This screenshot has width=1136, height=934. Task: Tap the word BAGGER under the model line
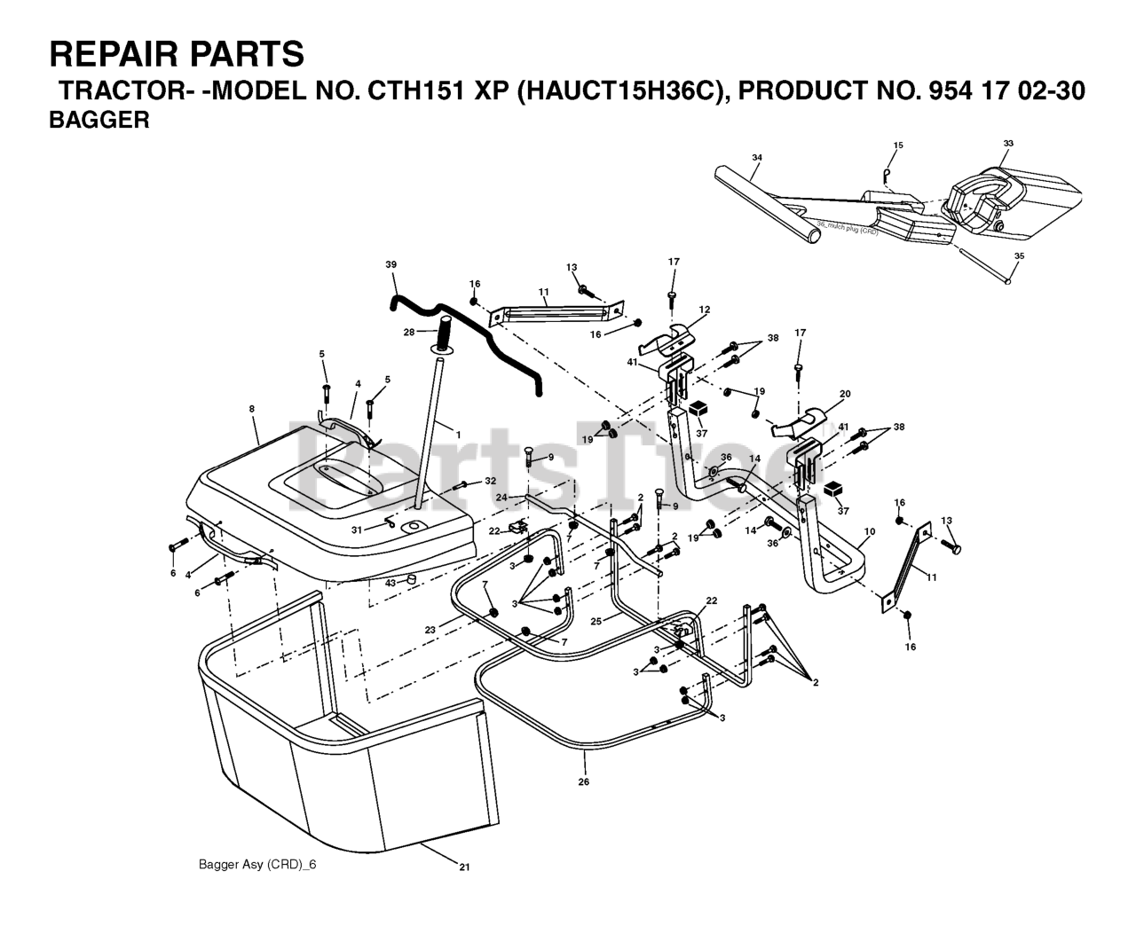99,122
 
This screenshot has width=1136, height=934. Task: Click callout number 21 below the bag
463,867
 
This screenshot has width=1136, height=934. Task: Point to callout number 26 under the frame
583,781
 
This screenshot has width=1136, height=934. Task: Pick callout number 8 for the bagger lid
252,409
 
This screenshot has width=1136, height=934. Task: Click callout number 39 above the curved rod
391,264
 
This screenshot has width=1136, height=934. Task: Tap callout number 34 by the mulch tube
756,158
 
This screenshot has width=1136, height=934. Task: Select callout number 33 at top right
1008,143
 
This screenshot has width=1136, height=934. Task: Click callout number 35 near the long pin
1019,255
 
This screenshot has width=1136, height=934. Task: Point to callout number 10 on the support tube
869,532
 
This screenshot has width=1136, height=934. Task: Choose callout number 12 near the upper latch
705,310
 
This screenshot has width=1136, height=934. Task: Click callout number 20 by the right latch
845,394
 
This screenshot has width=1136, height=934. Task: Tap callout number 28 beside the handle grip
408,333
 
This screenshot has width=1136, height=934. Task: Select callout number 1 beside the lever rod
459,434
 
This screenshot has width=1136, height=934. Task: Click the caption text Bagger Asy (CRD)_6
257,865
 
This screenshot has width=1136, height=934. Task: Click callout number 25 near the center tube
597,621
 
